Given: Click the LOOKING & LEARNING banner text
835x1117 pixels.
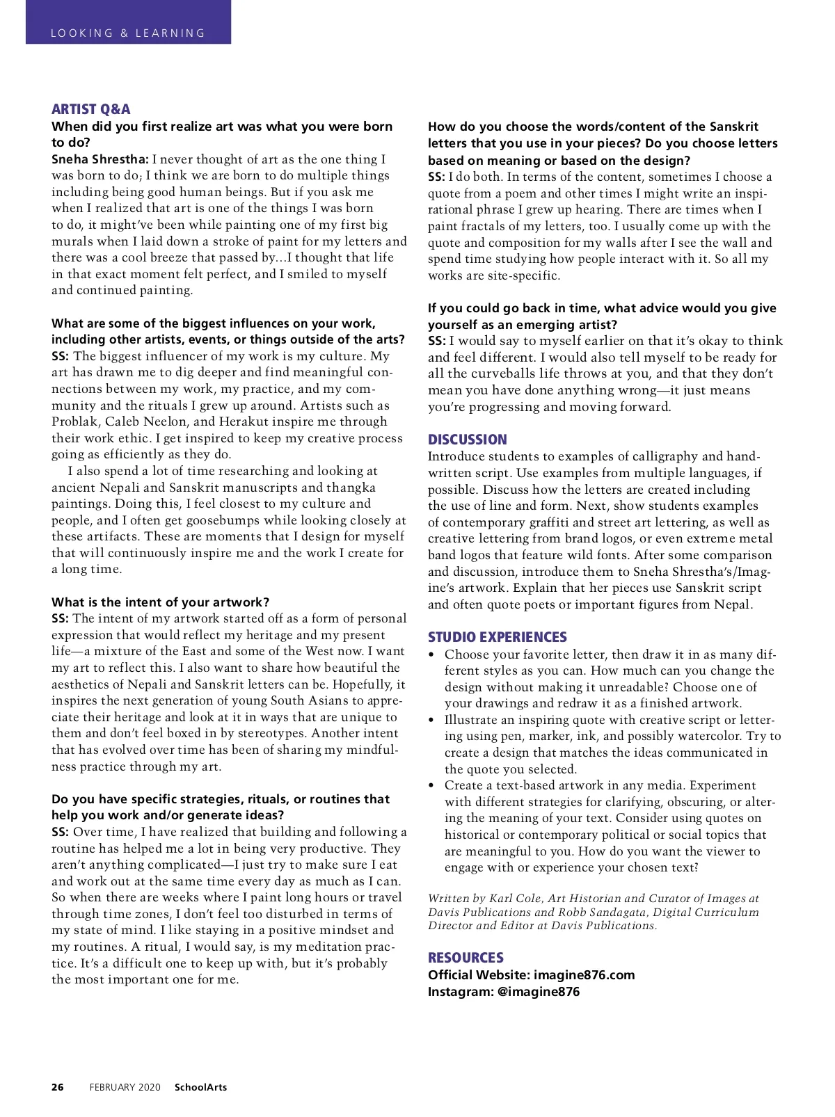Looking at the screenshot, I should coord(128,33).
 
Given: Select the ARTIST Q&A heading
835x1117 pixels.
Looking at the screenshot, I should coord(90,109).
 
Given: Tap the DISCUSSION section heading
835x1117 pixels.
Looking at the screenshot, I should coord(467,440).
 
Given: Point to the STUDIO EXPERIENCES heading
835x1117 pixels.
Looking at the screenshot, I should coord(497,637).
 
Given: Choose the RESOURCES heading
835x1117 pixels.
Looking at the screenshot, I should coord(466,958).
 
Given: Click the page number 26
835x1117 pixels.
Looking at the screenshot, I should coord(58,1087).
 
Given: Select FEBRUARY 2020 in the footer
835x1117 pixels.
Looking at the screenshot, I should coord(125,1087).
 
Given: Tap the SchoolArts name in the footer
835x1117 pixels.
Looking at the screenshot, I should coord(200,1087).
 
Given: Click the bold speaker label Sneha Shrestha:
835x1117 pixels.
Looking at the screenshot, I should coord(100,159).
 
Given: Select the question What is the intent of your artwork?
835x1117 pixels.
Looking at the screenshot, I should coord(160,602).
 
